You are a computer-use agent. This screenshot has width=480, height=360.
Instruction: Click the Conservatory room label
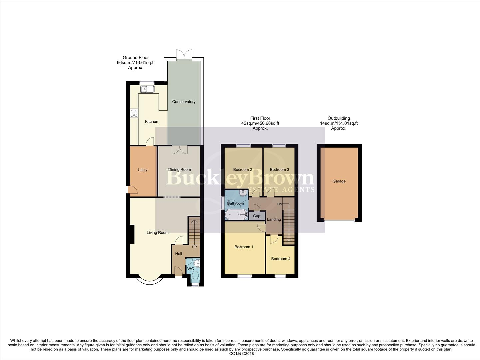[x=184, y=102]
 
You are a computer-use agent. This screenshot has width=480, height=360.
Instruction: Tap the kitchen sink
[x=147, y=89]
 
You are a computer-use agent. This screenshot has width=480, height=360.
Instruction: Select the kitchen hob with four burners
[x=134, y=113]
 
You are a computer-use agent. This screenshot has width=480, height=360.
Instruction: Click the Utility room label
[x=142, y=170]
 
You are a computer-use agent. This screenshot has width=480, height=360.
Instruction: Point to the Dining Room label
[x=179, y=170]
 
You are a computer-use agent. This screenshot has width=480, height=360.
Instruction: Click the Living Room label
[x=157, y=233]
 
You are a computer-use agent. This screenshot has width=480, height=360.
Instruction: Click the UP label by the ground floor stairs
[x=194, y=247]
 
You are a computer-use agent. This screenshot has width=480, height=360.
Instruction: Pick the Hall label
[x=179, y=254]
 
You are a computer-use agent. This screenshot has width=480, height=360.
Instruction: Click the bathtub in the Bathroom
[x=236, y=215]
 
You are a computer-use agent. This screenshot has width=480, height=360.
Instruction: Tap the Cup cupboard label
[x=256, y=216]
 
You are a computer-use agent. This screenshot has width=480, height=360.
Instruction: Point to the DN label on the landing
[x=280, y=204]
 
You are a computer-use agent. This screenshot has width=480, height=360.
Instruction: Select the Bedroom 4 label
[x=281, y=259]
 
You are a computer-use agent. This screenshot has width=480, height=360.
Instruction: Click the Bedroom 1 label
[x=244, y=247]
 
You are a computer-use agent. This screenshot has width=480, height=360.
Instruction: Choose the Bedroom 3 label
[x=279, y=170]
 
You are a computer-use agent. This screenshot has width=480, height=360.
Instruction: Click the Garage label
[x=339, y=181]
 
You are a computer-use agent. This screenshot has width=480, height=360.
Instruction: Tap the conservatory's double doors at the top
[x=184, y=54]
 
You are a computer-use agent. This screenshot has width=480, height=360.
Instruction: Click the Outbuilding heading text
[x=339, y=118]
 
